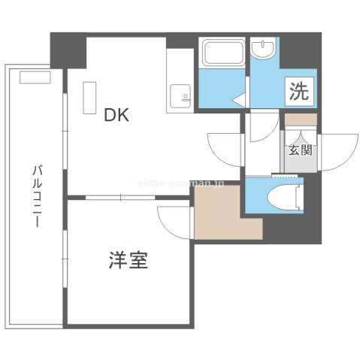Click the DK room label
coord(116,115)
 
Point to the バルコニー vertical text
coord(35,187)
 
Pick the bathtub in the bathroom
coord(223,55)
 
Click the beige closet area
coord(218,212)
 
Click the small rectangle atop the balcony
coord(34,76)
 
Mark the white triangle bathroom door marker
coord(239,98)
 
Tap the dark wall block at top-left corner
coord(68,50)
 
